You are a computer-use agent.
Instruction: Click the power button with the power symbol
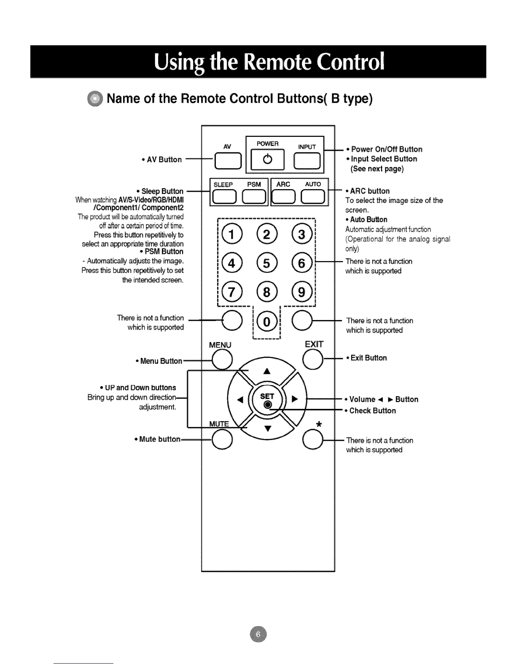tap(267, 159)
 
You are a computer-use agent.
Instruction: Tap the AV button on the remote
tap(228, 160)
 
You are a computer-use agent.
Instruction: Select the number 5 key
tap(267, 263)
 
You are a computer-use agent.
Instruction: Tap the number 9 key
tap(302, 291)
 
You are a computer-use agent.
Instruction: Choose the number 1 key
tap(232, 234)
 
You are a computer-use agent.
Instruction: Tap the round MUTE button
tap(222, 439)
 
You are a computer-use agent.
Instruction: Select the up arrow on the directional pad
tap(267, 371)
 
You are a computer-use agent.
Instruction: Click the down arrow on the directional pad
tap(268, 429)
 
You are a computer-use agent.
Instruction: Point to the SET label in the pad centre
tap(267, 396)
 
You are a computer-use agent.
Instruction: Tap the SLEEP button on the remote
tap(224, 197)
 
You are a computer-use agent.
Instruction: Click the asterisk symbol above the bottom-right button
tap(319, 424)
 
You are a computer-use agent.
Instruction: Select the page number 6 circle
tap(258, 634)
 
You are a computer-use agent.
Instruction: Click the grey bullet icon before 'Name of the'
tap(95, 99)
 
